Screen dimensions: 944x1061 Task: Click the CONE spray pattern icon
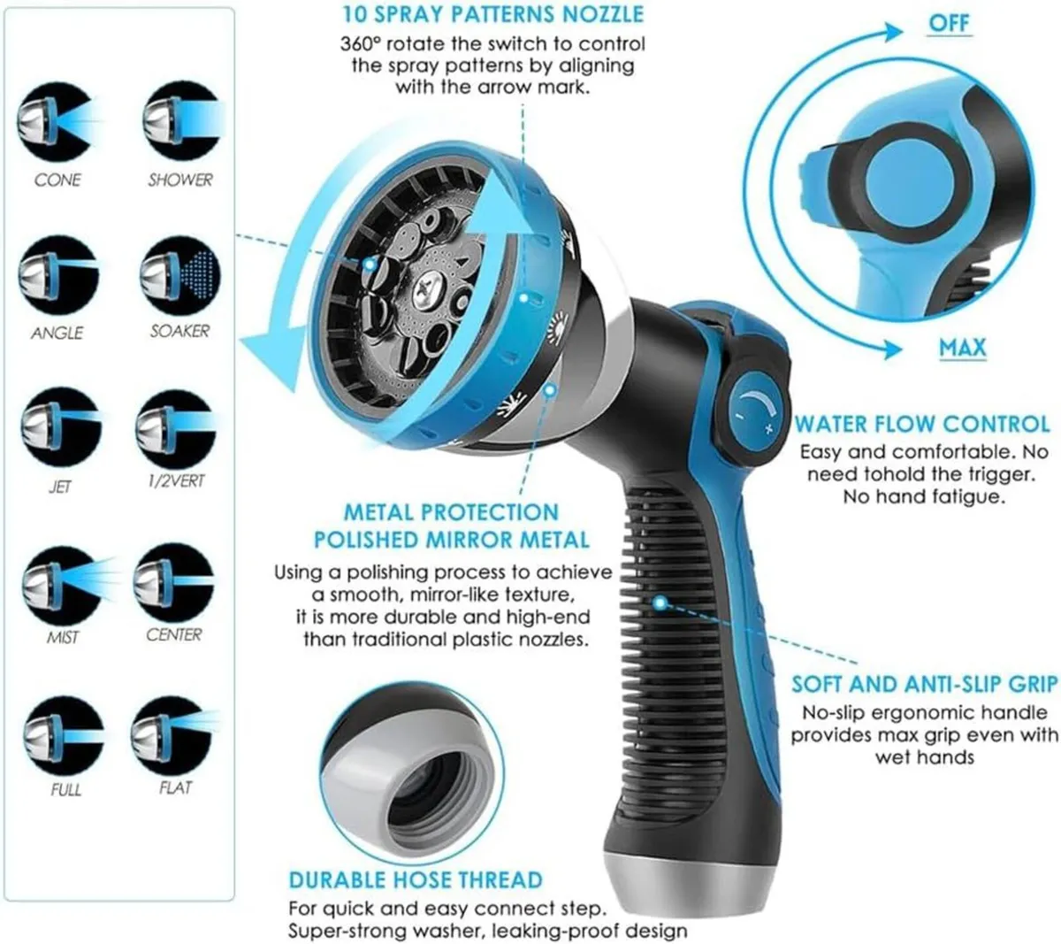(56, 122)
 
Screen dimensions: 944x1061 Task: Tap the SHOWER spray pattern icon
(180, 122)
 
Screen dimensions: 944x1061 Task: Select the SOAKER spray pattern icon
(180, 275)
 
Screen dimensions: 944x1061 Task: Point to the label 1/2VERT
(176, 480)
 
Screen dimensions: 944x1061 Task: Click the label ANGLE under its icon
(57, 333)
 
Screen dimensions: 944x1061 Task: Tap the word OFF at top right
(949, 23)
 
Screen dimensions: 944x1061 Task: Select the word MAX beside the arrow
(963, 347)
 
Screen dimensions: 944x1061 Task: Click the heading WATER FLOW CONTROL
(921, 425)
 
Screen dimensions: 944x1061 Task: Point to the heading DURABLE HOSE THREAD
(416, 879)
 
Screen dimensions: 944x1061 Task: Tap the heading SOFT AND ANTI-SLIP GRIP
(924, 684)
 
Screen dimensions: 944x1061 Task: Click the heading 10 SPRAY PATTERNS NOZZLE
(493, 14)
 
